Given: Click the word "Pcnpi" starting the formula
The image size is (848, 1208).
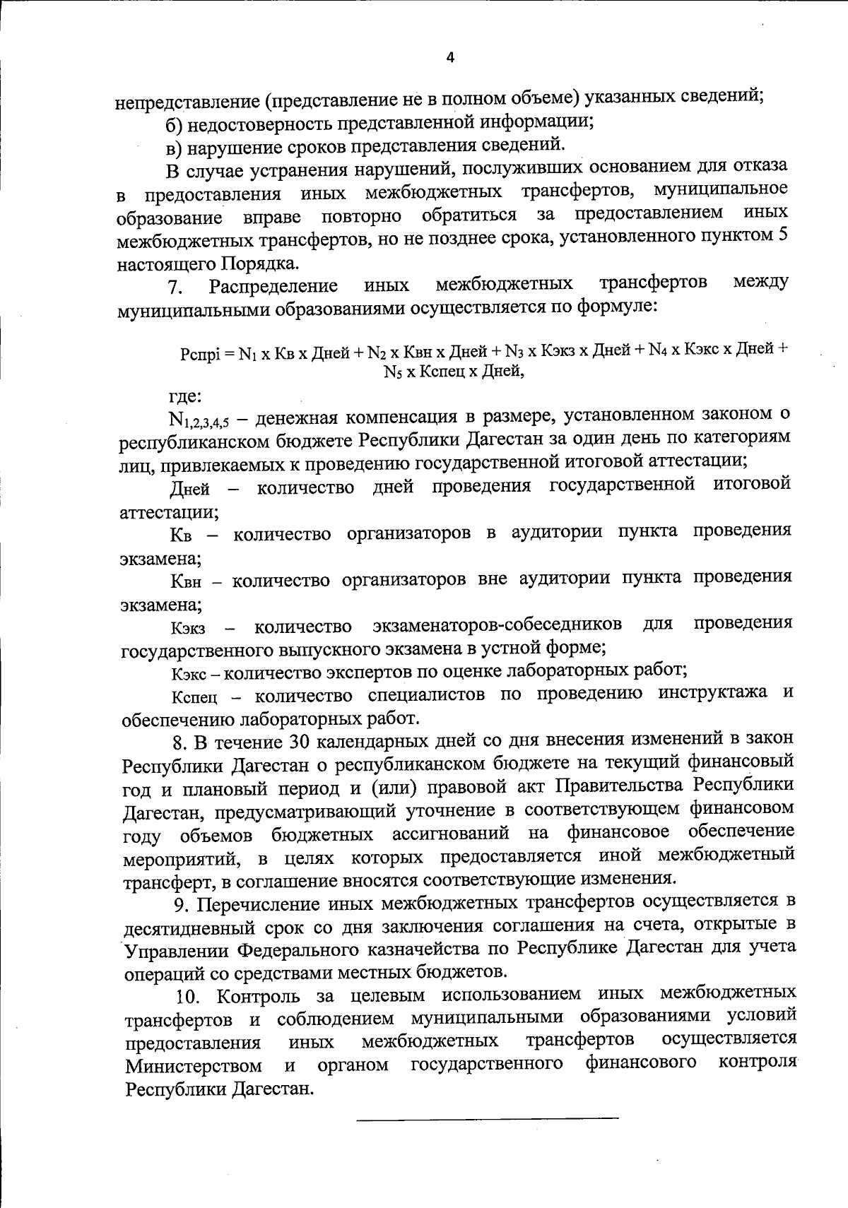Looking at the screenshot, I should tap(201, 355).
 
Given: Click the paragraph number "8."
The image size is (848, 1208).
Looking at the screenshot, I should tap(181, 742).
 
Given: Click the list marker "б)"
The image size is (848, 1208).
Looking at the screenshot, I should tap(175, 123).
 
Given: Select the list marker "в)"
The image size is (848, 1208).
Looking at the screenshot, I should tap(174, 147).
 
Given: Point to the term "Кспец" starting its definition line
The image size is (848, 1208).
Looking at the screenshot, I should tap(194, 699).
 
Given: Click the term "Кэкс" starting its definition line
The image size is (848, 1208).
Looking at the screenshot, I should tap(189, 671).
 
